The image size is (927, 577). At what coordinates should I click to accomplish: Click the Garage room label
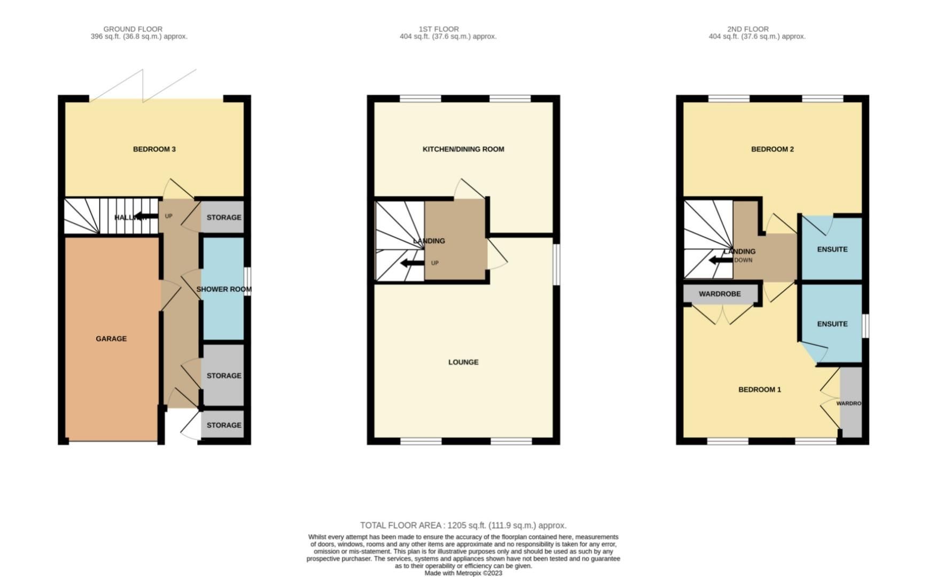(x=111, y=339)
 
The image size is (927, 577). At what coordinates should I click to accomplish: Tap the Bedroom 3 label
(x=154, y=149)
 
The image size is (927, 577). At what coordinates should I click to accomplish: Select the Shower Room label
(x=224, y=289)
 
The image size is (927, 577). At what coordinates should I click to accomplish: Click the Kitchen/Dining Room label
(x=463, y=149)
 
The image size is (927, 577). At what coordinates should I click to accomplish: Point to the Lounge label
(x=463, y=362)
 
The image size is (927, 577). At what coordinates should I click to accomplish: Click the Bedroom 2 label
(x=772, y=149)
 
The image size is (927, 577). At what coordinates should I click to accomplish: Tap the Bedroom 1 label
(x=759, y=389)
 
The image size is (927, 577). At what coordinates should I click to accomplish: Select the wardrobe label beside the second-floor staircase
(x=720, y=294)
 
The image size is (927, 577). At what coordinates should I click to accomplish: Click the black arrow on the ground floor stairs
(x=145, y=216)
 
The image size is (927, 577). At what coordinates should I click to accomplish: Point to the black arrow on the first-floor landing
(x=412, y=262)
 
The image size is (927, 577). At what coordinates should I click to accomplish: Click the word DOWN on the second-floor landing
(x=743, y=260)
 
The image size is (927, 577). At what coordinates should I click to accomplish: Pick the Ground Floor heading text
(x=133, y=29)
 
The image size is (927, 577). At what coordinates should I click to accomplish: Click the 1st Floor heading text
(x=439, y=29)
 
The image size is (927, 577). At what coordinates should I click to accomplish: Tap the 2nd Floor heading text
(x=747, y=29)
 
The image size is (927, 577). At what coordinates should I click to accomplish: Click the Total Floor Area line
(x=463, y=525)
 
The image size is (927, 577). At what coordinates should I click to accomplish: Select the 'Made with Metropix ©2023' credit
(x=463, y=573)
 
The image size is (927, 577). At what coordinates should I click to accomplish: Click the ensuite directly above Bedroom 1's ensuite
(x=832, y=249)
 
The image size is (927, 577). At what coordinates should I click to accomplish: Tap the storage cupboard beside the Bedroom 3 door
(x=224, y=217)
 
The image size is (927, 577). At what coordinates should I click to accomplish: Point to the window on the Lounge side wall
(x=557, y=264)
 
